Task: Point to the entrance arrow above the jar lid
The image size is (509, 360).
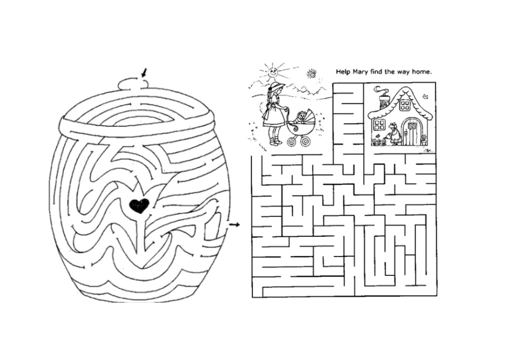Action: coord(144,72)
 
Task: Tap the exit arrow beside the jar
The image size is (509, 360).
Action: coord(234,224)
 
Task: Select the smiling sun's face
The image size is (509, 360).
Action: coord(272,70)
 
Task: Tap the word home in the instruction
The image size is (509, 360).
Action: coord(421,71)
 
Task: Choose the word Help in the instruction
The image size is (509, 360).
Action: coord(343,71)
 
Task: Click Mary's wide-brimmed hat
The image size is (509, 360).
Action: coord(276,86)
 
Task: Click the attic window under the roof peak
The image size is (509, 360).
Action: coord(405,105)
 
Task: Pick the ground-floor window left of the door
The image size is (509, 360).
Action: coord(379,125)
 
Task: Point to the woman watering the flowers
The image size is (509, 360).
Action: coord(394,134)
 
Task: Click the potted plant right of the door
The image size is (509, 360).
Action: coord(423,140)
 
